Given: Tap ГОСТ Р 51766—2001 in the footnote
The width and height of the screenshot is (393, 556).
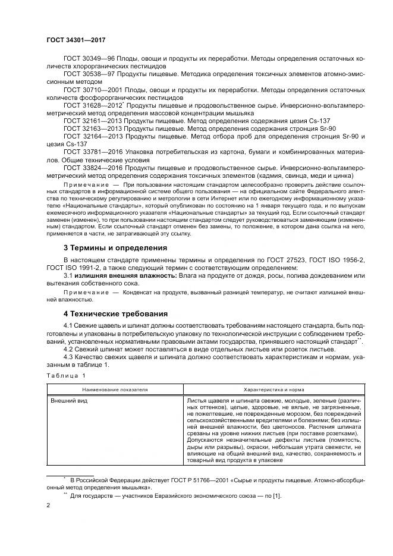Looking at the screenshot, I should pyautogui.click(x=188, y=479).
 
